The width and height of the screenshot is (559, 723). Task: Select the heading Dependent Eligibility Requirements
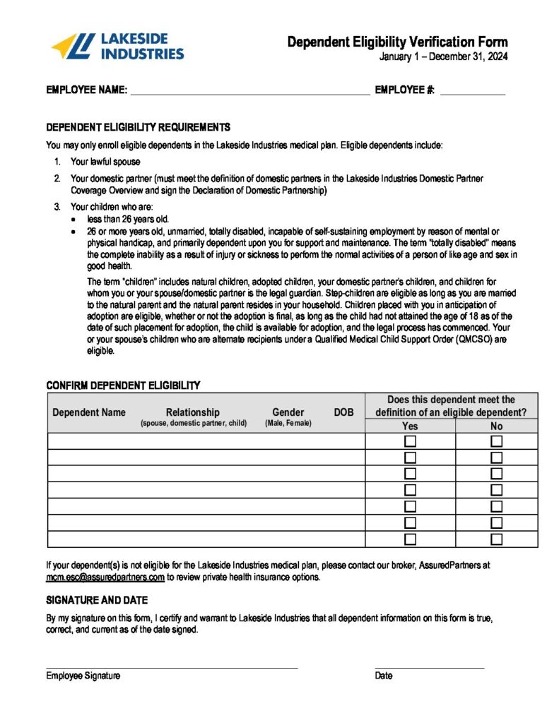pyautogui.click(x=138, y=128)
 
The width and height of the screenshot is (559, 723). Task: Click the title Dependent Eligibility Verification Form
pyautogui.click(x=397, y=42)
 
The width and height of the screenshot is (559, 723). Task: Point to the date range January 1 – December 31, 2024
pyautogui.click(x=443, y=57)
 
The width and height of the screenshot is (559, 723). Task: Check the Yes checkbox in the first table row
pyautogui.click(x=410, y=441)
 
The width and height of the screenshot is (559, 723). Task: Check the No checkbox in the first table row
pyautogui.click(x=497, y=441)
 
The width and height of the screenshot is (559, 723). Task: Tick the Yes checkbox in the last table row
pyautogui.click(x=410, y=539)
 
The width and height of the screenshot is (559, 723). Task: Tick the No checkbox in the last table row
pyautogui.click(x=497, y=539)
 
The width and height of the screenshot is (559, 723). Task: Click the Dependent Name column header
pyautogui.click(x=89, y=412)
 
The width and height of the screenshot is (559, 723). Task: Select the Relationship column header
pyautogui.click(x=193, y=412)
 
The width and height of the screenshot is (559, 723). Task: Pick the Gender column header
pyautogui.click(x=288, y=412)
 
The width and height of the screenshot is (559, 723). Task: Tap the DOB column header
pyautogui.click(x=343, y=412)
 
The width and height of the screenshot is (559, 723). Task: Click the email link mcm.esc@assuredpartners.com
pyautogui.click(x=105, y=577)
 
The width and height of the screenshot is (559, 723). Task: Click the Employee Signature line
pyautogui.click(x=172, y=667)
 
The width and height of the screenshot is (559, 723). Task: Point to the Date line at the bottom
pyautogui.click(x=429, y=667)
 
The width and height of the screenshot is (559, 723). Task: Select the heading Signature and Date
pyautogui.click(x=97, y=600)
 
